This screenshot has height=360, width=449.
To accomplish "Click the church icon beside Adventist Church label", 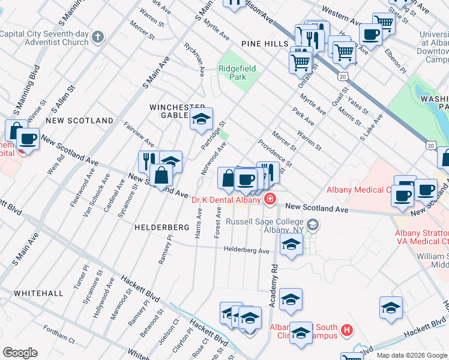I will pos(97,38).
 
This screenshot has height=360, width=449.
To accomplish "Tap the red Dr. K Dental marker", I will pos(270,200).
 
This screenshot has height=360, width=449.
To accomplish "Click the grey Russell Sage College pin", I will pos(312,225).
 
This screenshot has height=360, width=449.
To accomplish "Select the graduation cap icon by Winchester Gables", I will pos(202,119).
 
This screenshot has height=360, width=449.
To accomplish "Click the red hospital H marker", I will pos(346,329).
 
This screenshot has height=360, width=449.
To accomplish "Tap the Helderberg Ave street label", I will pos(247,250).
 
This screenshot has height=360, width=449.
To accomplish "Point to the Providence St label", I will pos(275,153).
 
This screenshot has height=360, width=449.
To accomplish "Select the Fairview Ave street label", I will pos(139,135).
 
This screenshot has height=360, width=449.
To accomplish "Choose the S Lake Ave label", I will pos(370,130).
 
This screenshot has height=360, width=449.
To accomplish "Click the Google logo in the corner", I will pos(20,353).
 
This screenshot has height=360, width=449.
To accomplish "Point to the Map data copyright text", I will pos(411,355).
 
